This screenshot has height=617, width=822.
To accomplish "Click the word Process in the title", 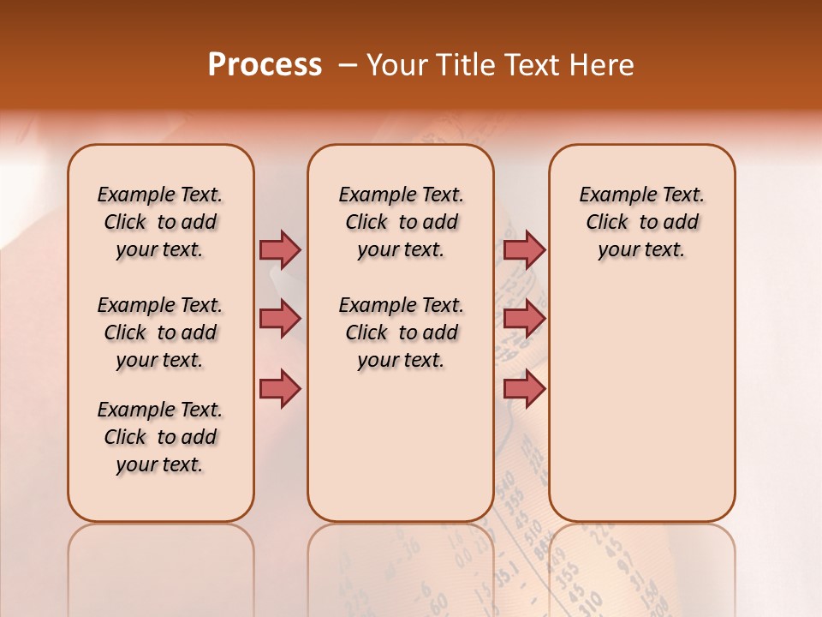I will (265, 64).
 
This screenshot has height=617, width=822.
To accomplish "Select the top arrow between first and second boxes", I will (280, 249).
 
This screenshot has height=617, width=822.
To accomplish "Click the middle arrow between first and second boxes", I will (280, 319).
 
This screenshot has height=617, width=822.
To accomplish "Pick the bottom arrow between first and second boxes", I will (280, 388).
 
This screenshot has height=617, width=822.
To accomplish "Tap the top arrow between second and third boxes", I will (524, 249).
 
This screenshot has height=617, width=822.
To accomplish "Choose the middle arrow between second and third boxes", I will (524, 319).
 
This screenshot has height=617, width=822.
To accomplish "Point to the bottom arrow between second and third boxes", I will (524, 388).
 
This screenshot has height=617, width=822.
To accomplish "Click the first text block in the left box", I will (160, 222).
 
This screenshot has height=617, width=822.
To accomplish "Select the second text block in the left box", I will (160, 332).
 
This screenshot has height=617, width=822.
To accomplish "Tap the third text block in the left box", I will (160, 437).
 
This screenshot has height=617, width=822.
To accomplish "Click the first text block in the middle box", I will (401, 222).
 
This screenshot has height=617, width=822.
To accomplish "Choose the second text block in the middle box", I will (401, 332).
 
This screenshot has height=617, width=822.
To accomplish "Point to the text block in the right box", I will (642, 222).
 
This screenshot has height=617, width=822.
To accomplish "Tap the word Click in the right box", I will (607, 223).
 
